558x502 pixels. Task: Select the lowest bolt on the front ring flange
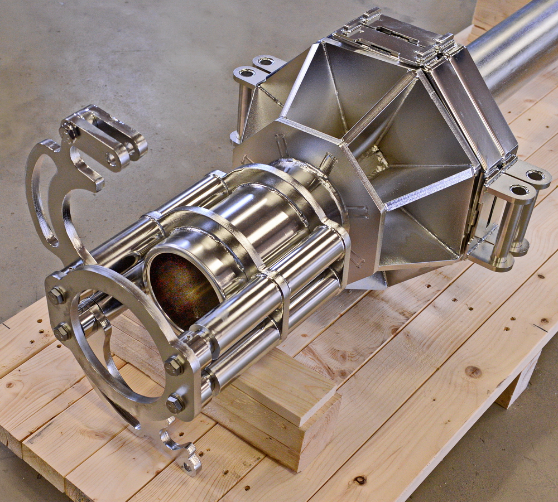click(x=175, y=403)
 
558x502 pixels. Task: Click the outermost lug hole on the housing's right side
click(x=535, y=176)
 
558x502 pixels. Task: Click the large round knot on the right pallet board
click(x=473, y=372)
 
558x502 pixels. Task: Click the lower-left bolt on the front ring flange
click(x=62, y=332)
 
